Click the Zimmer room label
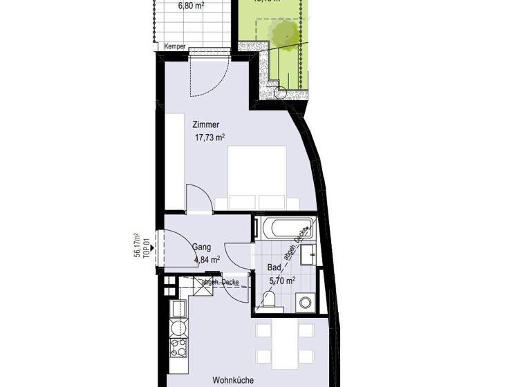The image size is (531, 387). (207, 125)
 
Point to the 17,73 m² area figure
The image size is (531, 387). (211, 138)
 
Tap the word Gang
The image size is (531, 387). (202, 247)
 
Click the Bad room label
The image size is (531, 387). (274, 267)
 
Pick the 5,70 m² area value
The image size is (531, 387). (281, 281)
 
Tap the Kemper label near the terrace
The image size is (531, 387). (174, 47)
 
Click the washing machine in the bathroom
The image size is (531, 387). (304, 301)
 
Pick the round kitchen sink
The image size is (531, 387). (178, 325)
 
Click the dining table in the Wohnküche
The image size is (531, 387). (284, 343)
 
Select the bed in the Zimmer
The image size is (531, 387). (257, 178)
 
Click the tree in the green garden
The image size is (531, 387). (283, 31)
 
